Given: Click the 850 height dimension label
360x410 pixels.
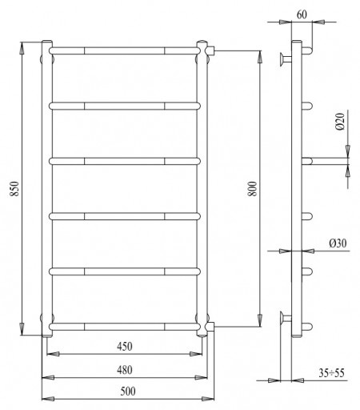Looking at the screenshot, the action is click(14, 189).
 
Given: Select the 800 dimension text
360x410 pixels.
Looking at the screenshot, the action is click(252, 189).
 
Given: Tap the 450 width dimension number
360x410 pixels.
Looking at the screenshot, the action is click(125, 347).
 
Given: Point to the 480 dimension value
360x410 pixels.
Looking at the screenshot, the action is click(125, 370).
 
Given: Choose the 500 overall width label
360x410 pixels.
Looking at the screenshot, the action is click(128, 392).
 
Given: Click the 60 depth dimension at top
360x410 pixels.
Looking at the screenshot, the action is click(302, 14).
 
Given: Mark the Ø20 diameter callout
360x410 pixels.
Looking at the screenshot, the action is click(340, 122).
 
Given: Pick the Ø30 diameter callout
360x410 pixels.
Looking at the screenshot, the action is click(338, 243).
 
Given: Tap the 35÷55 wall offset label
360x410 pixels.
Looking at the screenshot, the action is click(331, 373).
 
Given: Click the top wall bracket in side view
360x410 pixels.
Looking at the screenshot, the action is click(286, 59).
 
